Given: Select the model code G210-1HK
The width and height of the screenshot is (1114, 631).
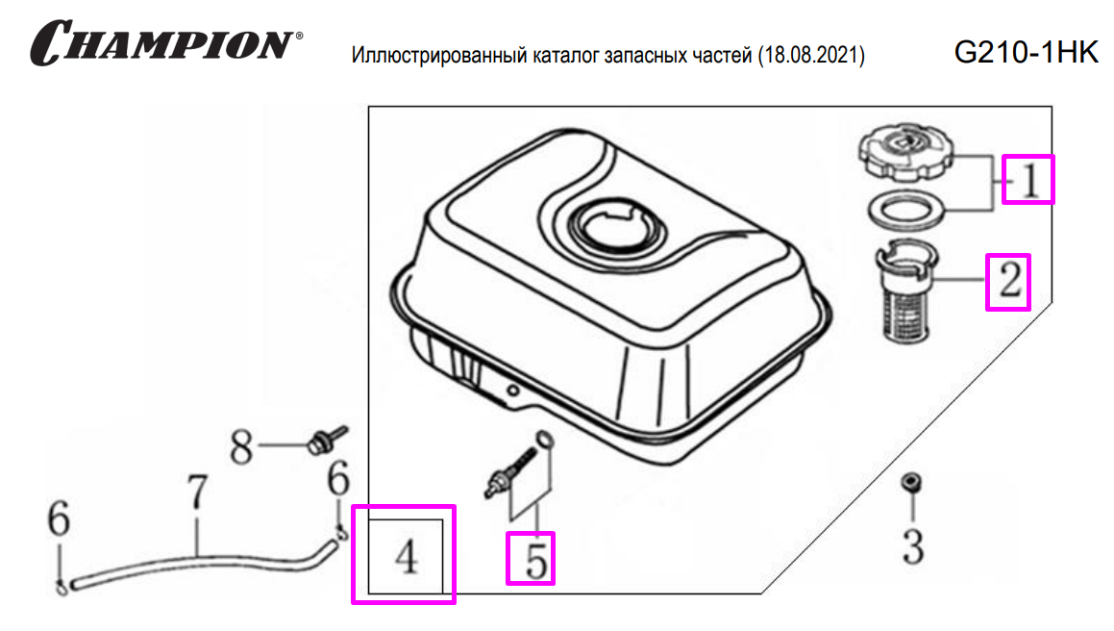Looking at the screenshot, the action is coord(1026,52).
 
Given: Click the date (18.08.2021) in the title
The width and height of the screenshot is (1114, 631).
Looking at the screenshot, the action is coord(811,55).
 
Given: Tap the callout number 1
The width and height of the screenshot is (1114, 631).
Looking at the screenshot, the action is coord(1030,180).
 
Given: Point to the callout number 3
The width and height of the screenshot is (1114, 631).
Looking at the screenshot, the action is coord(913,547).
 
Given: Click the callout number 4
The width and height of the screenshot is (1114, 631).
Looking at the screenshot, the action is coord(407,557).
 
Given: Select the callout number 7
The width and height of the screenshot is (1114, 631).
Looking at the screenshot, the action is coord(197,492).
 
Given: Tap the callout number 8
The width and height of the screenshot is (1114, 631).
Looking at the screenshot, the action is coord(241,447).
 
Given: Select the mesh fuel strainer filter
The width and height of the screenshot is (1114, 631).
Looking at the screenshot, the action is coord(906,291).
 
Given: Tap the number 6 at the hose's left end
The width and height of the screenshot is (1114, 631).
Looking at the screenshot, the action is coord(59,517).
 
